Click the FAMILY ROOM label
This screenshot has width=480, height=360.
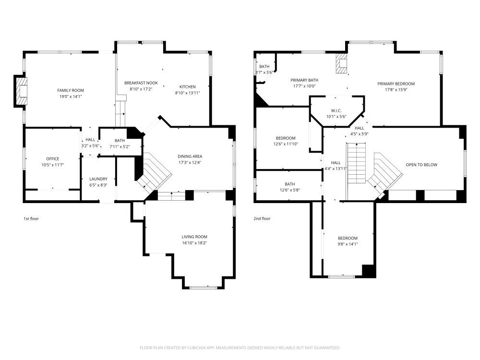(71, 90)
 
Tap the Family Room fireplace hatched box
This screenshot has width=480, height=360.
(22, 91)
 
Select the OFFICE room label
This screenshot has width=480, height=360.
(53, 159)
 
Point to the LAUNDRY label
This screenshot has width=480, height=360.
(98, 179)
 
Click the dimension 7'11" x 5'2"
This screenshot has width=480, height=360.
(120, 146)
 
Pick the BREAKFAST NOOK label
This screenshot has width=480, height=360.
(141, 83)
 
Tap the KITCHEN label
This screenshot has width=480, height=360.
(187, 86)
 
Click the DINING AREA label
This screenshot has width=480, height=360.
(190, 156)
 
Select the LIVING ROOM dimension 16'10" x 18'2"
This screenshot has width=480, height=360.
(194, 243)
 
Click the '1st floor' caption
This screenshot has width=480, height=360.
(31, 218)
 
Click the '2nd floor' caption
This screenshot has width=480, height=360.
(262, 218)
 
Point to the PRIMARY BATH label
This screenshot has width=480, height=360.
(304, 80)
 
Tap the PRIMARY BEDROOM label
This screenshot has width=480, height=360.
(396, 84)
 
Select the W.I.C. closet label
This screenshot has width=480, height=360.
(336, 110)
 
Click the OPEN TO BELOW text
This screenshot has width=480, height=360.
(421, 165)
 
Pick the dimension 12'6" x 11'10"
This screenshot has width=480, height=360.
(286, 144)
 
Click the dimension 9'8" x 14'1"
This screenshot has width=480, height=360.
(348, 244)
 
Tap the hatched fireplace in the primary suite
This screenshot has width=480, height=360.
(341, 64)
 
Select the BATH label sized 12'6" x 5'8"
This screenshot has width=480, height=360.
(289, 184)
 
